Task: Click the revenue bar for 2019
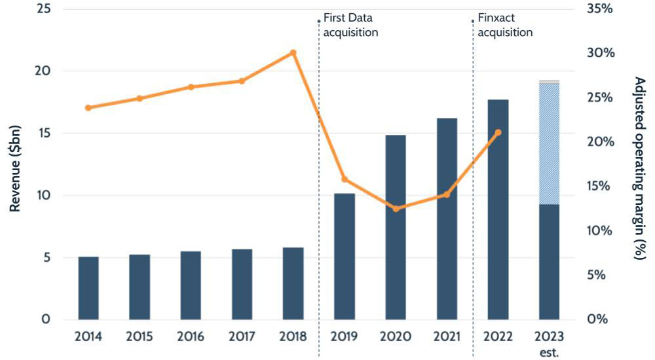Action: tap(344, 257)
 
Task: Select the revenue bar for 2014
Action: tap(88, 288)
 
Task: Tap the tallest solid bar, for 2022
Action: tap(498, 209)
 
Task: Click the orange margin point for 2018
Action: tap(293, 53)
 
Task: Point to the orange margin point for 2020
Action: tap(395, 209)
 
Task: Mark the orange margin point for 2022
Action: tap(498, 132)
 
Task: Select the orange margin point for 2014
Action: tap(88, 107)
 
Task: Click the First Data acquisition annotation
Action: tap(351, 25)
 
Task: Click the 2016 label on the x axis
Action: tap(191, 337)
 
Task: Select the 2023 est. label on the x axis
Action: tap(549, 343)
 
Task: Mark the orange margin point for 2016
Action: tap(191, 87)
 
